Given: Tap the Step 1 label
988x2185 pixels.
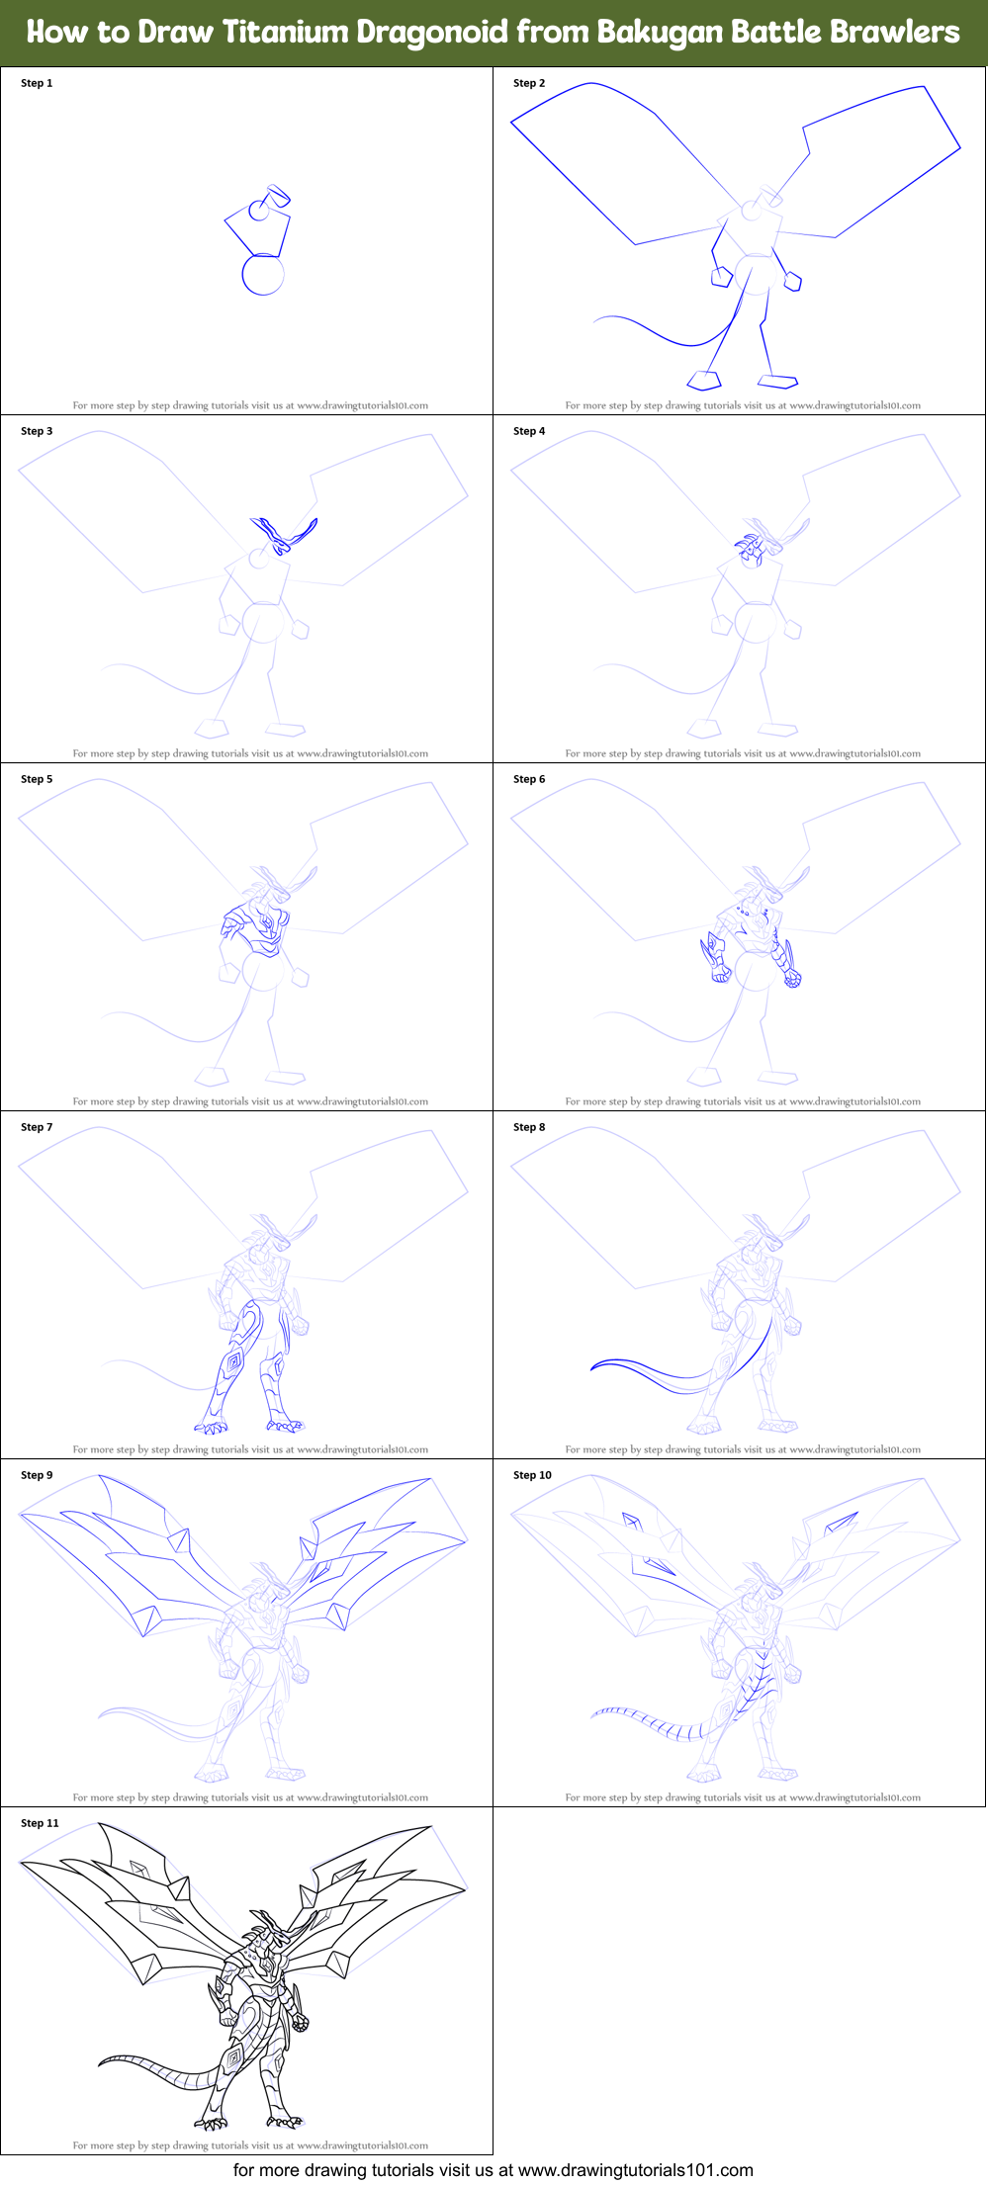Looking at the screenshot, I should point(37,83).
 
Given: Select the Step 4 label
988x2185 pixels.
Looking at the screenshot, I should point(529,431).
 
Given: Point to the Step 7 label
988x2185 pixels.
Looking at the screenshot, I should point(37,1127).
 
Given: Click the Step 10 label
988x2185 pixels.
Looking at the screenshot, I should point(532,1475).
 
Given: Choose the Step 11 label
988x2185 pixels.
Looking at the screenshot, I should point(40,1823).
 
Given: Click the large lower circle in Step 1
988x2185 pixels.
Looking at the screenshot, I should point(263,275).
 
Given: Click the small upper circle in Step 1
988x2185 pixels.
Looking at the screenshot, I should point(259,210).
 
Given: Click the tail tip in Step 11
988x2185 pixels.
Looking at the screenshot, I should point(102,2062).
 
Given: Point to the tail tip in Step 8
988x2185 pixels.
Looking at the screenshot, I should point(594,1366).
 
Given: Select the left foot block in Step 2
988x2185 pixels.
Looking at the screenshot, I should point(704,380).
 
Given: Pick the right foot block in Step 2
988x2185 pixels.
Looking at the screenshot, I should point(778,380).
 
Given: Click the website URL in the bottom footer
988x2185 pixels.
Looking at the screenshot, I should point(636,2170).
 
